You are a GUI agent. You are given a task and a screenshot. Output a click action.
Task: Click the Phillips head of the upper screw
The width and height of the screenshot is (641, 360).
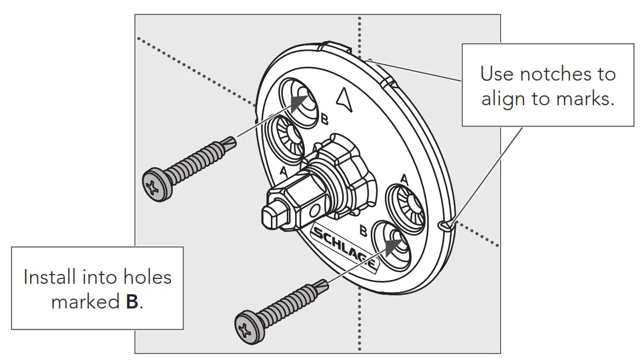coord(154,187)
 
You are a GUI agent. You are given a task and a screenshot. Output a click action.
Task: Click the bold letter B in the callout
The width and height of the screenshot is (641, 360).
coord(132,302)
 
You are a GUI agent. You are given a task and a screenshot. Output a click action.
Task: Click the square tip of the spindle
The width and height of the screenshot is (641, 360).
coord(273,214)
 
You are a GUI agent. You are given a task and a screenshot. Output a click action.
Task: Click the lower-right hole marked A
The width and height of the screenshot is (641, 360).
coord(406,205)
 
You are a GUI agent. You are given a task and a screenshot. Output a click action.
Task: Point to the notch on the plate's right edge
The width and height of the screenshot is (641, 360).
coord(445,225)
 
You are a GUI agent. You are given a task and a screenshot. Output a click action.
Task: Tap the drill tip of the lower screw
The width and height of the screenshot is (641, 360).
coord(325,285)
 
